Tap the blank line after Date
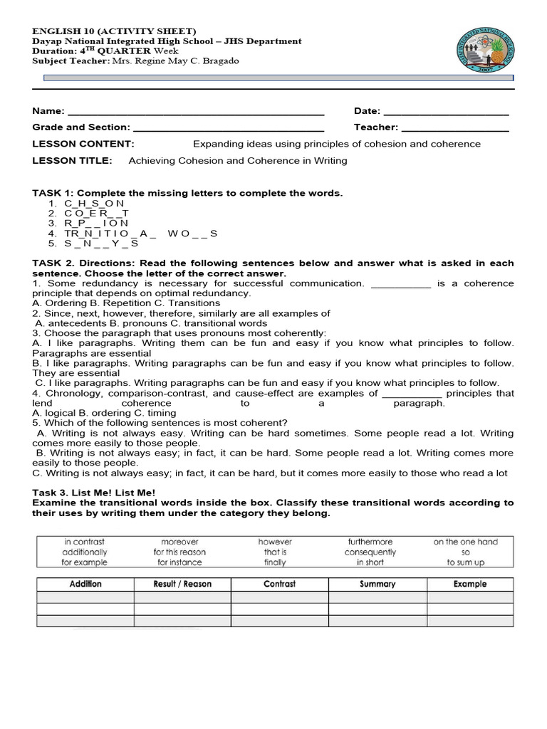tap(446, 112)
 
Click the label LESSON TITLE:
tap(72, 161)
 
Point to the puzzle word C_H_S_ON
tap(94, 204)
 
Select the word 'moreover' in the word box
tap(179, 542)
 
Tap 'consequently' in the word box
tap(370, 552)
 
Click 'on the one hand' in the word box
tap(465, 542)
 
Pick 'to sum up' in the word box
tap(465, 562)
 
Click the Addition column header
tap(85, 584)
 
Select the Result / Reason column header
tap(182, 584)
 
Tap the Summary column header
tap(377, 584)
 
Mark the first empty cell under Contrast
tap(280, 597)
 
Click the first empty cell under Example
tap(470, 597)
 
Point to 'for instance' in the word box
tap(179, 562)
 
